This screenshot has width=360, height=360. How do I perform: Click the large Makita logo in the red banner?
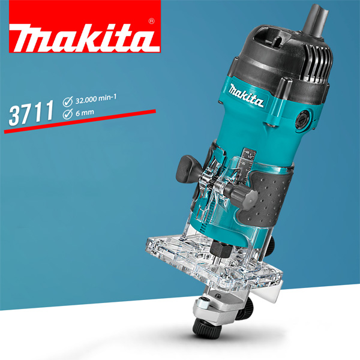85,38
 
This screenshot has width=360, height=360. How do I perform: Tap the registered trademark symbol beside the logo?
152,21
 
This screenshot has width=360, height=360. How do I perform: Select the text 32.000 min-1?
96,99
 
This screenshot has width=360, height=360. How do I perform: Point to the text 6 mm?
85,113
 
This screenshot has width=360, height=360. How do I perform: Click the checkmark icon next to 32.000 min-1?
67,102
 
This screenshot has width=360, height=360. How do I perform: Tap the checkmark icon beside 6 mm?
67,114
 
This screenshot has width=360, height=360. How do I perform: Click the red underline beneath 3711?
80,121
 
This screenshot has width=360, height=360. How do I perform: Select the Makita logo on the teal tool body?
247,95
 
